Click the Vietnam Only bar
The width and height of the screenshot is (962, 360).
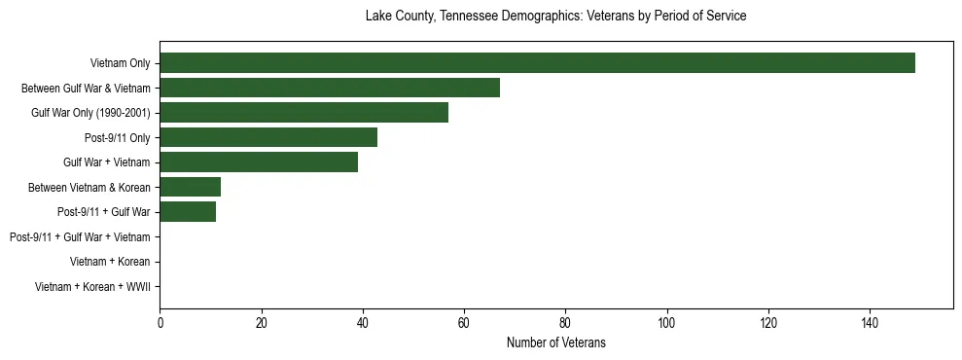(537, 63)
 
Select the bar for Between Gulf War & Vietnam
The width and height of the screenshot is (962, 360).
(330, 88)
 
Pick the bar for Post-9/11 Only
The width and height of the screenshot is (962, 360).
(268, 137)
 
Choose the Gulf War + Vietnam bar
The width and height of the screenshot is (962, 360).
(259, 162)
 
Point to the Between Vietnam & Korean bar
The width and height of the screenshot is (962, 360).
(191, 187)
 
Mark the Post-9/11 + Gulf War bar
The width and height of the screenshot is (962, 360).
(188, 212)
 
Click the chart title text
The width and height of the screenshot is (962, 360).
(555, 17)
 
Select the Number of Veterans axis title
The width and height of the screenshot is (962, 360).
(555, 342)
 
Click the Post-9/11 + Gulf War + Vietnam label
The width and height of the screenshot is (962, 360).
(80, 237)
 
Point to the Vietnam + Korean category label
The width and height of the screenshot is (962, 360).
(110, 262)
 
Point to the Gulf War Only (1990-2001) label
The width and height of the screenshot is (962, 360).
(90, 113)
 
